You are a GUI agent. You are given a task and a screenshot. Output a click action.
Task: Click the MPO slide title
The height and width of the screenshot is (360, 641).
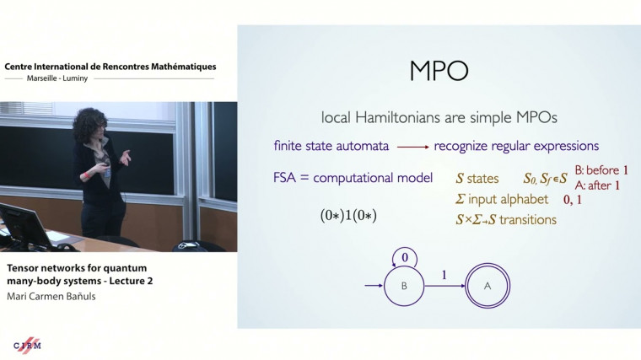[439, 70]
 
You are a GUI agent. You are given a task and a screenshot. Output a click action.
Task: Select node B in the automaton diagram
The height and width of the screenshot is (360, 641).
[403, 287]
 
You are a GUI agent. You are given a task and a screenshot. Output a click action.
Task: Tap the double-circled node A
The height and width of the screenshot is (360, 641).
[487, 287]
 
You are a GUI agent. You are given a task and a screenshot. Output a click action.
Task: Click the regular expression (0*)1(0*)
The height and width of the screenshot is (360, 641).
[342, 215]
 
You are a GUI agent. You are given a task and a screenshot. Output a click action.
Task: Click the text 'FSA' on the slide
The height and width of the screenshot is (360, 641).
[286, 178]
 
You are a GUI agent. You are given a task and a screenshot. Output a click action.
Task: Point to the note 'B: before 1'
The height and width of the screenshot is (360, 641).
[601, 169]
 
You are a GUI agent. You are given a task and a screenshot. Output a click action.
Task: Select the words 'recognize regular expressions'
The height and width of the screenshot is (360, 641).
[516, 146]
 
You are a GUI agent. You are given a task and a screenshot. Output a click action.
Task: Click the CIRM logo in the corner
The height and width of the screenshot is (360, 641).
[27, 345]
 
